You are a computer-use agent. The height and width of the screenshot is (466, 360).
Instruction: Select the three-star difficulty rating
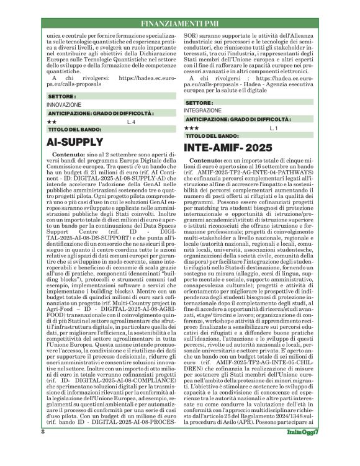point(192,127)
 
